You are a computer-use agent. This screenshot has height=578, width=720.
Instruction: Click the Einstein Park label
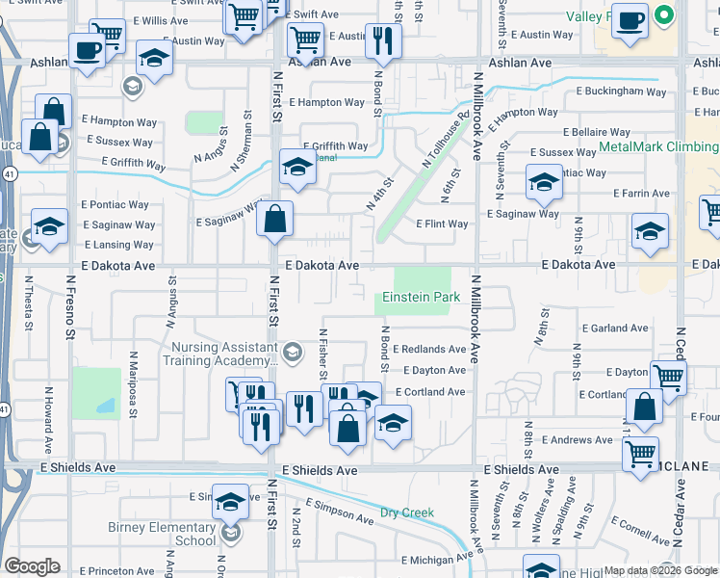click(x=421, y=298)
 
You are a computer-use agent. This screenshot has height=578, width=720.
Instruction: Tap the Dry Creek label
click(x=407, y=512)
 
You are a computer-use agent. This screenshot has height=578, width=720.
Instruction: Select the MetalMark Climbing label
click(x=658, y=147)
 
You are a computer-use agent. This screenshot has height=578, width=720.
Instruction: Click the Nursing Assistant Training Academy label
click(x=222, y=355)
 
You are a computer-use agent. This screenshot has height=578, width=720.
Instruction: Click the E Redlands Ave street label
click(x=428, y=349)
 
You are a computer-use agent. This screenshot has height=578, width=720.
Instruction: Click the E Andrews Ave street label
click(x=577, y=440)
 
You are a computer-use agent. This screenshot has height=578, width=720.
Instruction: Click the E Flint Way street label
click(x=442, y=224)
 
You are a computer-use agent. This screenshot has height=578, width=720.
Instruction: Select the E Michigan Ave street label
click(x=437, y=559)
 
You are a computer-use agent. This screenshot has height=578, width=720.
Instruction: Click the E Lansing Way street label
click(x=118, y=245)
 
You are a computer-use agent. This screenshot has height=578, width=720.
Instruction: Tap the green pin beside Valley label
click(x=662, y=16)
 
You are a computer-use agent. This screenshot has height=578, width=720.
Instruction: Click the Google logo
click(x=32, y=566)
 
